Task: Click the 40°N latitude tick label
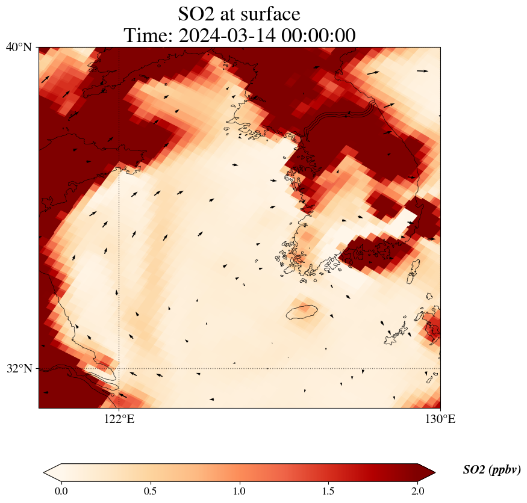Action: [19, 47]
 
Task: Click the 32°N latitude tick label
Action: [19, 368]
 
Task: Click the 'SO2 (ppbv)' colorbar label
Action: [491, 470]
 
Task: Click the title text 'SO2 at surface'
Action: [239, 13]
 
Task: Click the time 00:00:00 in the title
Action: [320, 35]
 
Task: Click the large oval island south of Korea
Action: [301, 312]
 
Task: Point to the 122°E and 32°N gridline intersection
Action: [119, 368]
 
